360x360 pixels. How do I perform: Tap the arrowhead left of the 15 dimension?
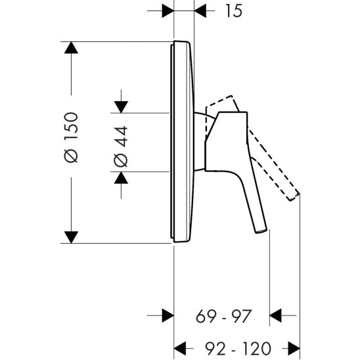point(167,11)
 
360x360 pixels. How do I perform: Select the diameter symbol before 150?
point(73,157)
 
